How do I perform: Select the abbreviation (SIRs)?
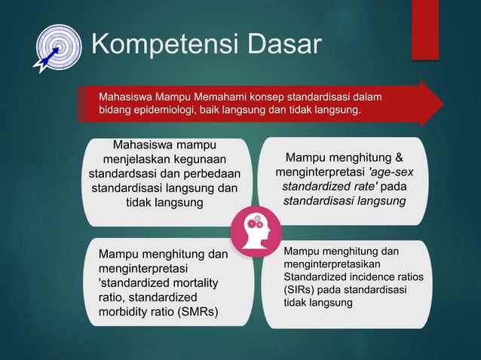[299, 290]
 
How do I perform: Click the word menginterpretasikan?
[332, 265]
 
